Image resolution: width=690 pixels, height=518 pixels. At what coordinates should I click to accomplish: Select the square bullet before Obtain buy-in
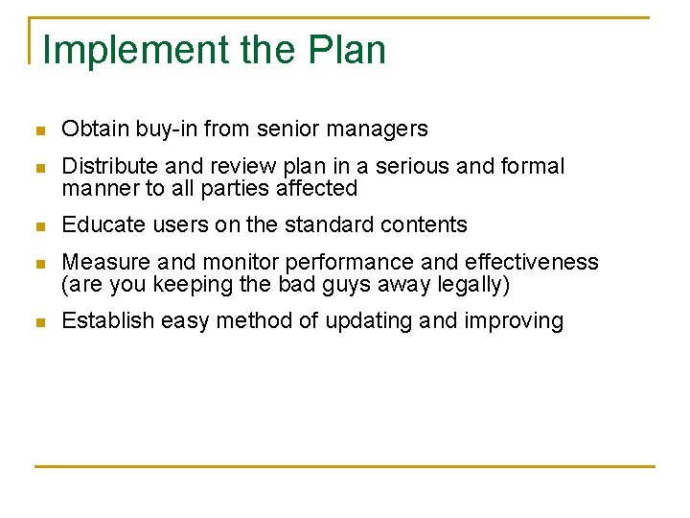coord(38,129)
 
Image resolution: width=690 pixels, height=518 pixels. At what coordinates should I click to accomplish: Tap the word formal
coord(532,167)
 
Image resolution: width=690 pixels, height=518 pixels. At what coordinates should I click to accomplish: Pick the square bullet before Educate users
coord(38,226)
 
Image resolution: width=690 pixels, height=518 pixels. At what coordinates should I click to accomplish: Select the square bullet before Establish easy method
coord(38,322)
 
